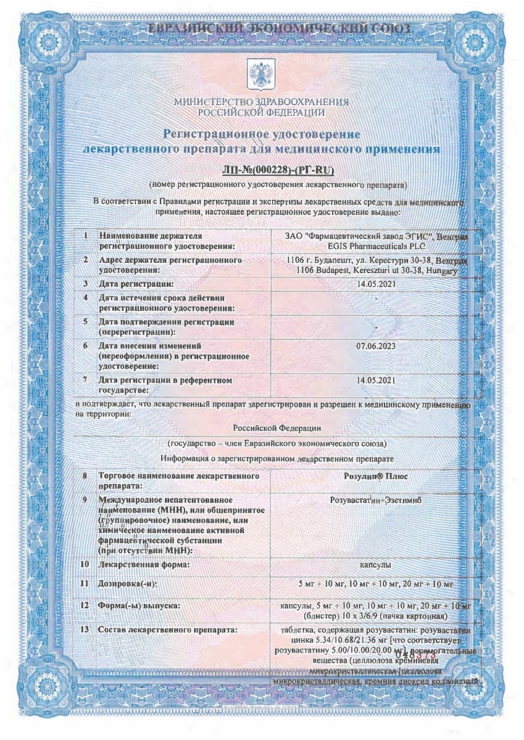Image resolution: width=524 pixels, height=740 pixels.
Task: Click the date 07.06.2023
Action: pyautogui.click(x=376, y=347)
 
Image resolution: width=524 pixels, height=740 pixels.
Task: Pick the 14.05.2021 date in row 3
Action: pyautogui.click(x=376, y=284)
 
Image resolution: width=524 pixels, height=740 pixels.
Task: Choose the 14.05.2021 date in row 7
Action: pyautogui.click(x=376, y=380)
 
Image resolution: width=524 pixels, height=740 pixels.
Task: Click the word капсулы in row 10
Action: pyautogui.click(x=376, y=564)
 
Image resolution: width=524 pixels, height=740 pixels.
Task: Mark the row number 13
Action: pyautogui.click(x=85, y=630)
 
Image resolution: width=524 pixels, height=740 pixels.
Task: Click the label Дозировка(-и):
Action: pyautogui.click(x=127, y=583)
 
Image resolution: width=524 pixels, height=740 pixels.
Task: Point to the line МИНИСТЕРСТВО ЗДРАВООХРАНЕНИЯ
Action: pyautogui.click(x=261, y=102)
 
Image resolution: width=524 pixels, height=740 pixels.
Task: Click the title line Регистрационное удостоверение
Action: pyautogui.click(x=261, y=134)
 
